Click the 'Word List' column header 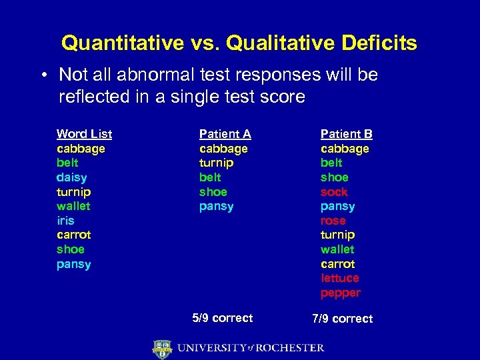(x=84, y=134)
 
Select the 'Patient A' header (x=225, y=134)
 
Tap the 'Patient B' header (x=346, y=134)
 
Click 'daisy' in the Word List (x=71, y=177)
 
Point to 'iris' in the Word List (x=65, y=220)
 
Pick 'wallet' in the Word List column (x=73, y=206)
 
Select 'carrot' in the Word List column (x=73, y=235)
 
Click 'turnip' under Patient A (x=216, y=163)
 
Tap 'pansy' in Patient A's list (x=216, y=206)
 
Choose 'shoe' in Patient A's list (x=213, y=191)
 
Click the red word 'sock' (x=334, y=192)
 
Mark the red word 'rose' (x=333, y=221)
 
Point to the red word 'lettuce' (x=339, y=278)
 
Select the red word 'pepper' (x=340, y=293)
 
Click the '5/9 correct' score (x=222, y=318)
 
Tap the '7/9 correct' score (x=342, y=319)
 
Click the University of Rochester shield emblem (x=162, y=348)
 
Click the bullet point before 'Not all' (x=42, y=75)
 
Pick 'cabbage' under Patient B (x=345, y=149)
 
